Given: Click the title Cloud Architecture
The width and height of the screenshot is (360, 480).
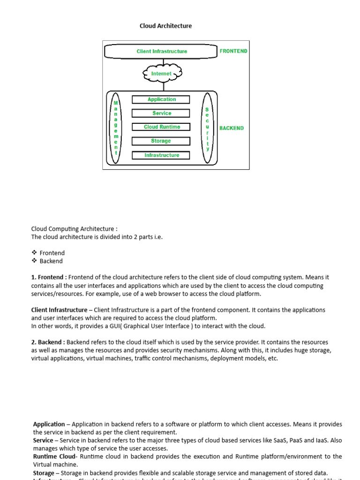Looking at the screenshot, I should coord(165,26).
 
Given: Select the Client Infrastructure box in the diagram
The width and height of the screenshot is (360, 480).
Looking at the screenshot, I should coord(162,51).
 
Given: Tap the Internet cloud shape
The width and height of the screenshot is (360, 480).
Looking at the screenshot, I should coord(162,74).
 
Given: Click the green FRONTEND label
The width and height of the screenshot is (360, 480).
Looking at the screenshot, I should coord(233,51).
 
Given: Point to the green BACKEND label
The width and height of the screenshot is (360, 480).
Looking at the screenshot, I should coord(232,128).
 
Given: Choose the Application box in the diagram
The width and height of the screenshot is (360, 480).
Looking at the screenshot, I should coord(161,99).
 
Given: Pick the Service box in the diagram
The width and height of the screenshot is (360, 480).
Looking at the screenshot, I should coord(161,113).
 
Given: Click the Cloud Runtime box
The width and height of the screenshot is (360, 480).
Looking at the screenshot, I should coord(161,127).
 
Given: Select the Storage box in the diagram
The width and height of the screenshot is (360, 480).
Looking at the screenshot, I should coord(161,141).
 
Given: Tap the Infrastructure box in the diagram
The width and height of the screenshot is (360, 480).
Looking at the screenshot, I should coord(161,155).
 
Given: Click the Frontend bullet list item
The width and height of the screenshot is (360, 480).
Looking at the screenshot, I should coord(52,253).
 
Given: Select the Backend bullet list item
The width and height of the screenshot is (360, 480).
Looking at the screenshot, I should coord(51,261).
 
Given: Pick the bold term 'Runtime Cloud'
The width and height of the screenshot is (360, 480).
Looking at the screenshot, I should coord(54,456).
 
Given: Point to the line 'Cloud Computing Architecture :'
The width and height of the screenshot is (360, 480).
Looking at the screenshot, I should coord(74,229).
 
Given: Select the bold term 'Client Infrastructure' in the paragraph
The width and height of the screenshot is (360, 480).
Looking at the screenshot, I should coord(59,310).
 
